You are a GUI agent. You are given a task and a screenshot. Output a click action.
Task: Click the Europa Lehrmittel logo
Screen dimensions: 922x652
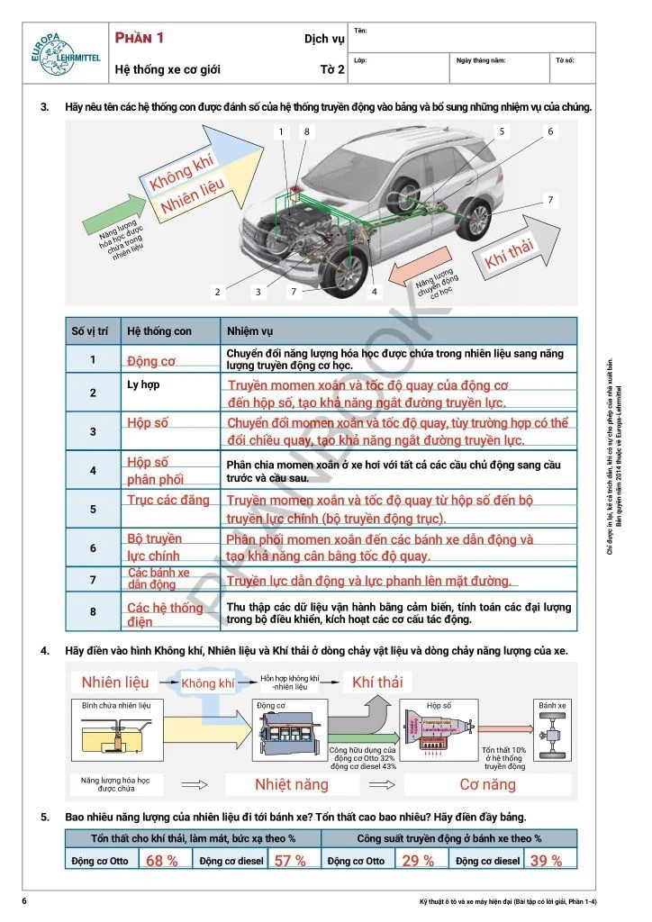[x=59, y=52]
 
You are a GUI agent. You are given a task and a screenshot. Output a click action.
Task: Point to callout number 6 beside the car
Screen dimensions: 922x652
[x=550, y=131]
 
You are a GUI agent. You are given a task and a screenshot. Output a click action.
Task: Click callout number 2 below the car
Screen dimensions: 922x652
[x=217, y=292]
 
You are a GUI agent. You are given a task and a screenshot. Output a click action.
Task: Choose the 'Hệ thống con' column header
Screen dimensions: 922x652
[x=157, y=330]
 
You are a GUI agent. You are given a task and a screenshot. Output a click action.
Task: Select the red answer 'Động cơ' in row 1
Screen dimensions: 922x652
[x=151, y=361]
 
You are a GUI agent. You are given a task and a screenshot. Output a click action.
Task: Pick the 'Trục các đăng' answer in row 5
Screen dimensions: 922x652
[x=168, y=500]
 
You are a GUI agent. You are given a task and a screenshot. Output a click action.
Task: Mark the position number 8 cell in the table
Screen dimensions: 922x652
[x=93, y=612]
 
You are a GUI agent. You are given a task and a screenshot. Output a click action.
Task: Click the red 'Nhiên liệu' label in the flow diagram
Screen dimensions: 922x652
[x=115, y=682]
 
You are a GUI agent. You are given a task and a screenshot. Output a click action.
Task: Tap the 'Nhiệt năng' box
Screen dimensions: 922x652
[x=292, y=784]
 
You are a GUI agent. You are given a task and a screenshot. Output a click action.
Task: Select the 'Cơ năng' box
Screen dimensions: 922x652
[x=487, y=784]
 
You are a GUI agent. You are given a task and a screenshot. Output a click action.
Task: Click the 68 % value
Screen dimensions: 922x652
[x=162, y=861]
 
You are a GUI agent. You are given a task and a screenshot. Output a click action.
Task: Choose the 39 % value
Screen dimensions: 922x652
[x=546, y=861]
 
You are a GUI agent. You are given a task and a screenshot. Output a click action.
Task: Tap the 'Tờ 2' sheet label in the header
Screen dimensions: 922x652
[x=332, y=68]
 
